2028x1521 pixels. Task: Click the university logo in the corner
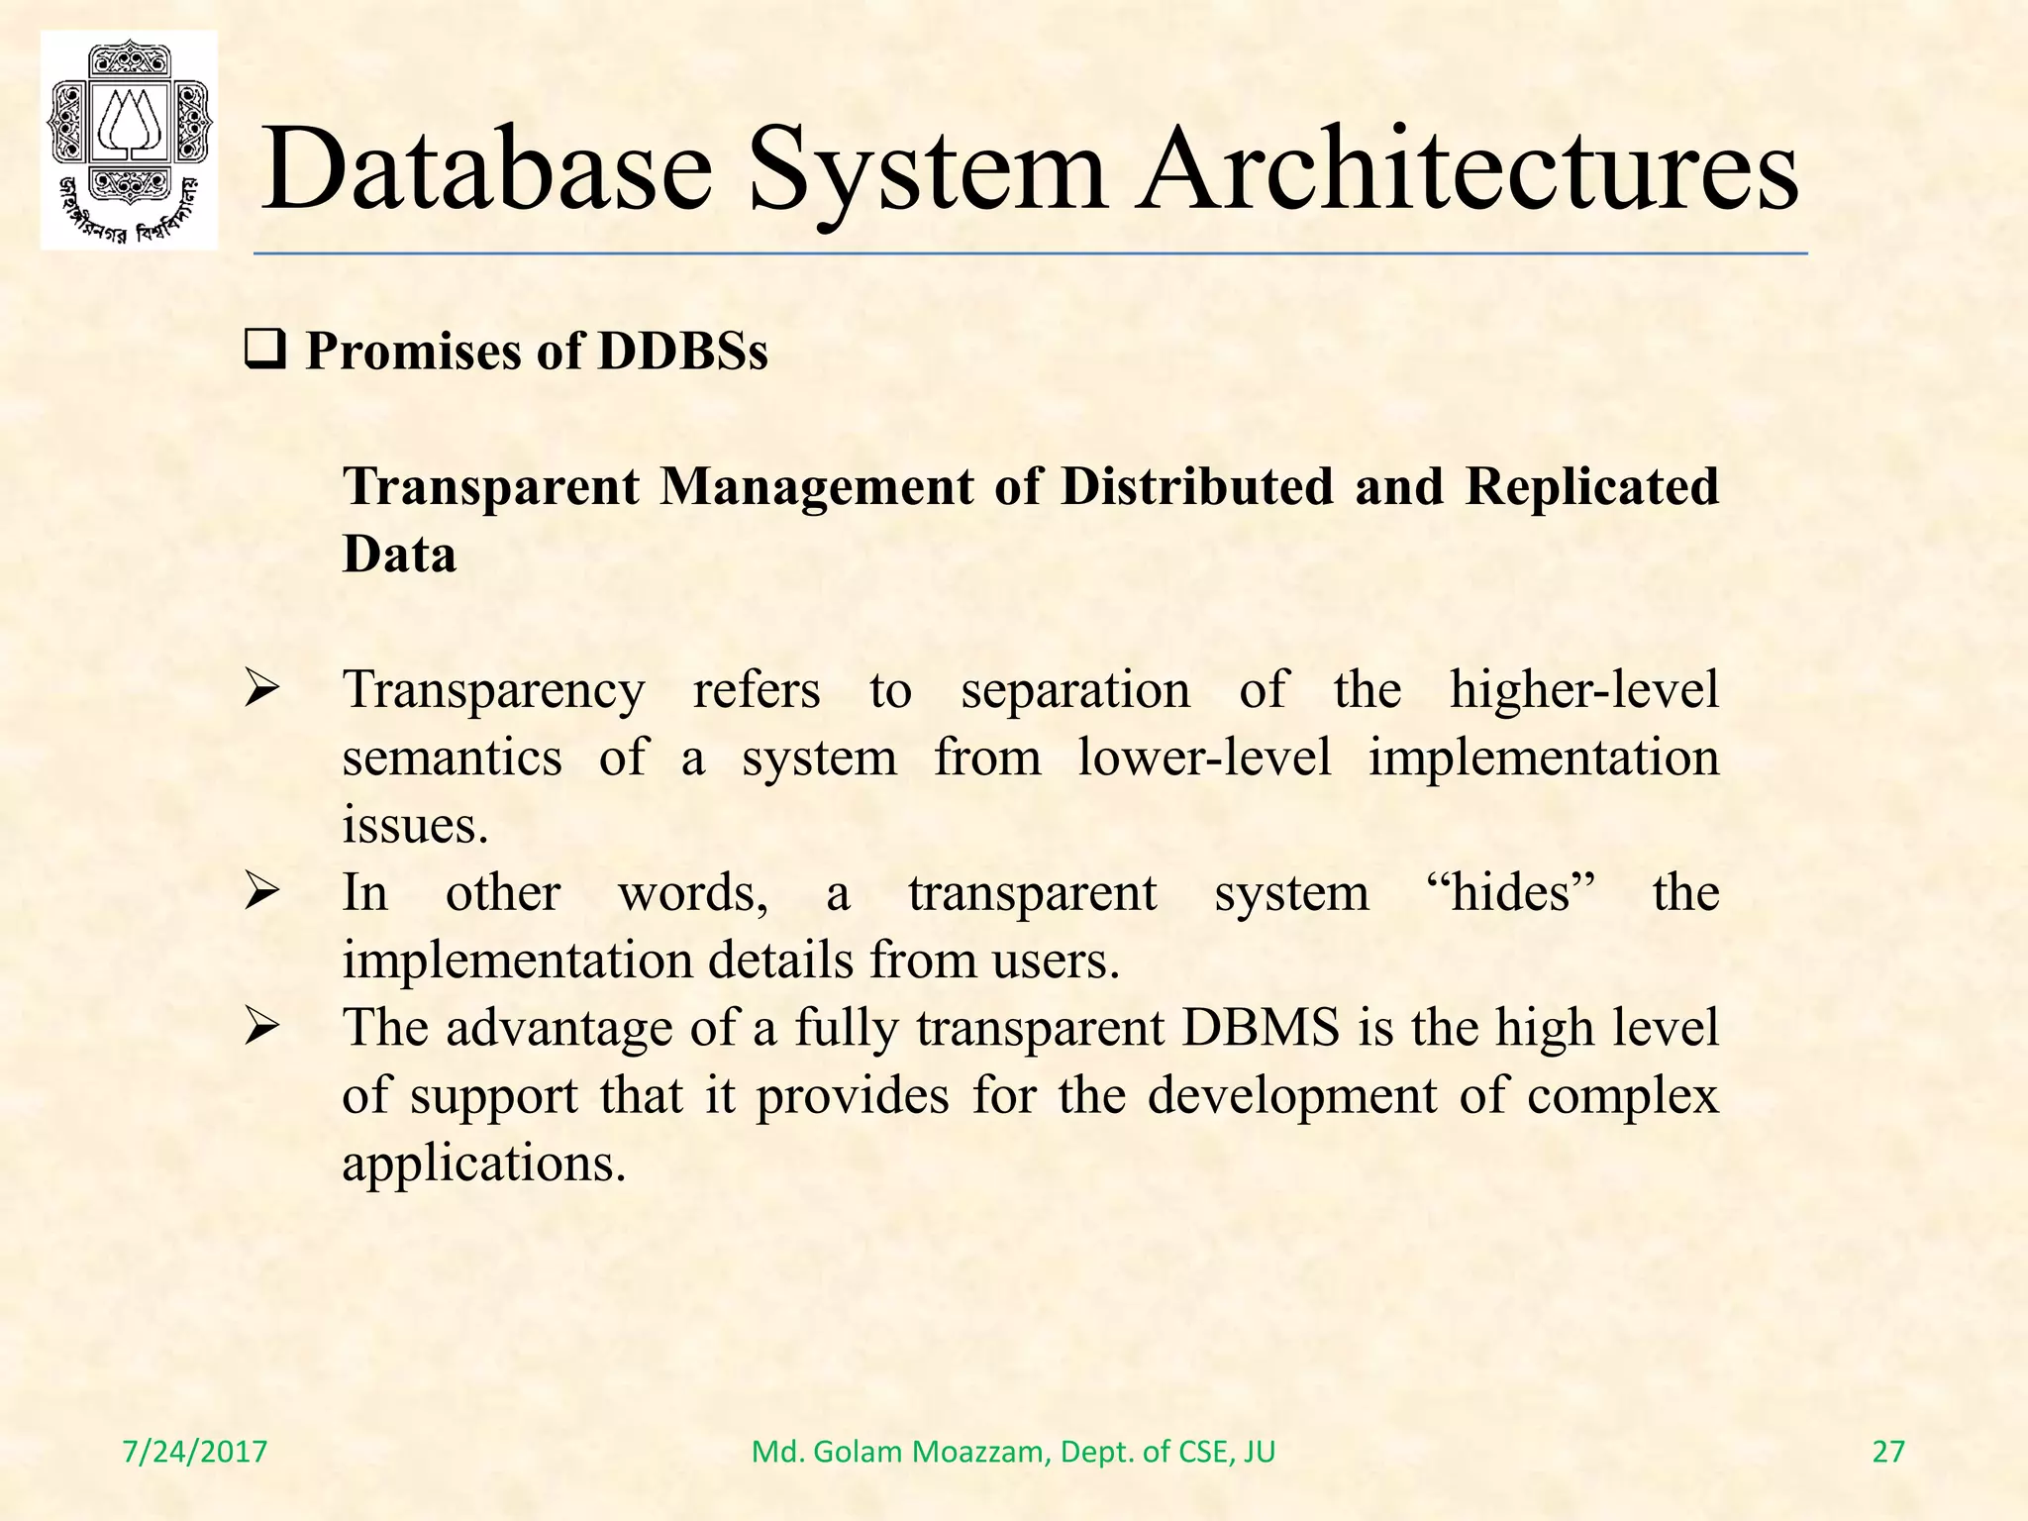129,140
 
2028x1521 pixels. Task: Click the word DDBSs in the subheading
682,352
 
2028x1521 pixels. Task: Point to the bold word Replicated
1591,486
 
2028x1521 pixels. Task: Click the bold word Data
399,554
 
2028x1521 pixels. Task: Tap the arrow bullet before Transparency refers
263,689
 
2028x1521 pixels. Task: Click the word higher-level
1584,689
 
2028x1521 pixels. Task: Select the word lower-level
1204,758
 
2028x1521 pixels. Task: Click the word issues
415,825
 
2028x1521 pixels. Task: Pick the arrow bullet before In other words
263,893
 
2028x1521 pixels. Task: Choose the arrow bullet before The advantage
263,1028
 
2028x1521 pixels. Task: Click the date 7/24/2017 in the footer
194,1452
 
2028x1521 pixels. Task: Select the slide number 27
1888,1452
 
